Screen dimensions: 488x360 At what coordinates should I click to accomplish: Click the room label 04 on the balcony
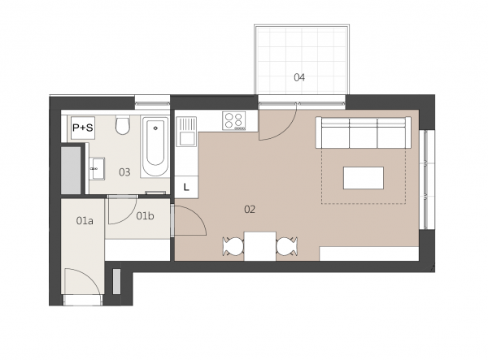tap(299, 77)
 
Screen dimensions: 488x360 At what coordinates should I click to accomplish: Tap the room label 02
tap(250, 209)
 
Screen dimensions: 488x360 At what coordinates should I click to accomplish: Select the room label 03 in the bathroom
tap(124, 172)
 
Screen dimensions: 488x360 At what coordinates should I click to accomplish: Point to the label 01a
tap(85, 221)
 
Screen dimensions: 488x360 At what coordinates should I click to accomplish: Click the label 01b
tap(145, 215)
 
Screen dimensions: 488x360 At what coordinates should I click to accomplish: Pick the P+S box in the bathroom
tap(83, 128)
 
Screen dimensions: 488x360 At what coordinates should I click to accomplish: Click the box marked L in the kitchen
tap(186, 187)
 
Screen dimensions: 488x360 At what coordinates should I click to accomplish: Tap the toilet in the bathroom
tap(123, 125)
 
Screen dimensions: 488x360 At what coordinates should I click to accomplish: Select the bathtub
tap(155, 147)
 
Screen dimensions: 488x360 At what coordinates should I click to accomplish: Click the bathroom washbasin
tap(97, 168)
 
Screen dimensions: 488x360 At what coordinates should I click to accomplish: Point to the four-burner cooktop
tap(233, 120)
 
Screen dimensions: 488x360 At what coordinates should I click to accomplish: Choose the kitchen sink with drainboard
tap(186, 132)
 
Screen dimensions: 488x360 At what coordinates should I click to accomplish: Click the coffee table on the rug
tap(364, 178)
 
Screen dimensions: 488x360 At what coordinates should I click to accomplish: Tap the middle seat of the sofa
tap(364, 134)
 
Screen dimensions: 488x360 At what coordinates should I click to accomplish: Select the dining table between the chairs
tap(260, 246)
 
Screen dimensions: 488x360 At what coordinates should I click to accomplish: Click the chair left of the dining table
tap(233, 246)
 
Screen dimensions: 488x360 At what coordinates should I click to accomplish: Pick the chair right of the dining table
tap(287, 246)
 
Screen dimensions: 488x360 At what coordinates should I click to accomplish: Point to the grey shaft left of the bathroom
tap(71, 171)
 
